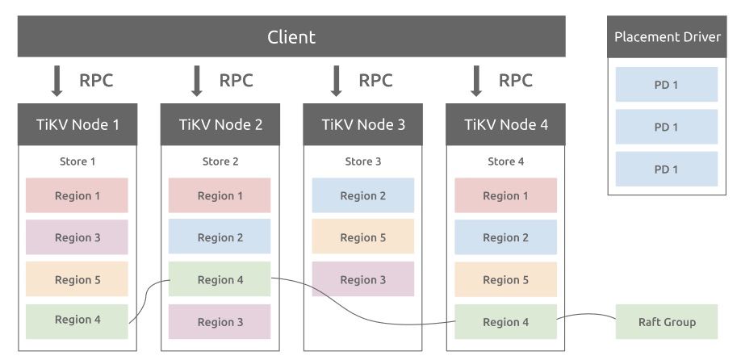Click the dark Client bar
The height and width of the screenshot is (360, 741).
(x=291, y=37)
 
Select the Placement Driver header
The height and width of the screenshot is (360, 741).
(x=667, y=37)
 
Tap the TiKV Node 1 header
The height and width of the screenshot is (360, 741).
(x=77, y=124)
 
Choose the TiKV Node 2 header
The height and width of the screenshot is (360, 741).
(x=220, y=124)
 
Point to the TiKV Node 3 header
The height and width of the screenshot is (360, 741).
(x=363, y=124)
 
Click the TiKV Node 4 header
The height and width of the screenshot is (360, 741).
(x=506, y=124)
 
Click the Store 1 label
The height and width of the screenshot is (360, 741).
(x=77, y=161)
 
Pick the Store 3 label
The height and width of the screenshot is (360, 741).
(x=363, y=161)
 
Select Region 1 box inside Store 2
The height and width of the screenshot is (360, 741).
(x=220, y=195)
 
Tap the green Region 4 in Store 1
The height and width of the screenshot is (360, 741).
(x=77, y=320)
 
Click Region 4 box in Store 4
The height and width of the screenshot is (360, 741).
(x=506, y=322)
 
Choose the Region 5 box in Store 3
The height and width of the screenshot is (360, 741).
(x=363, y=237)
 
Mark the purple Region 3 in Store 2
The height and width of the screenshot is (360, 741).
(x=220, y=322)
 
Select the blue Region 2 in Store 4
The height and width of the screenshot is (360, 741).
(x=506, y=237)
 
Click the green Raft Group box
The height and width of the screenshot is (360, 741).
(x=667, y=322)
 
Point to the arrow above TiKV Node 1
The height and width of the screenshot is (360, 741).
(x=57, y=81)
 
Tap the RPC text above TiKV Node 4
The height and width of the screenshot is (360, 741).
(x=516, y=81)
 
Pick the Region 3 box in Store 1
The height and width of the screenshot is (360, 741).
(x=77, y=237)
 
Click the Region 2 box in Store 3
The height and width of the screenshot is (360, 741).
(x=363, y=195)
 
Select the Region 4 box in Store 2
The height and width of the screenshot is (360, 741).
(x=220, y=279)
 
